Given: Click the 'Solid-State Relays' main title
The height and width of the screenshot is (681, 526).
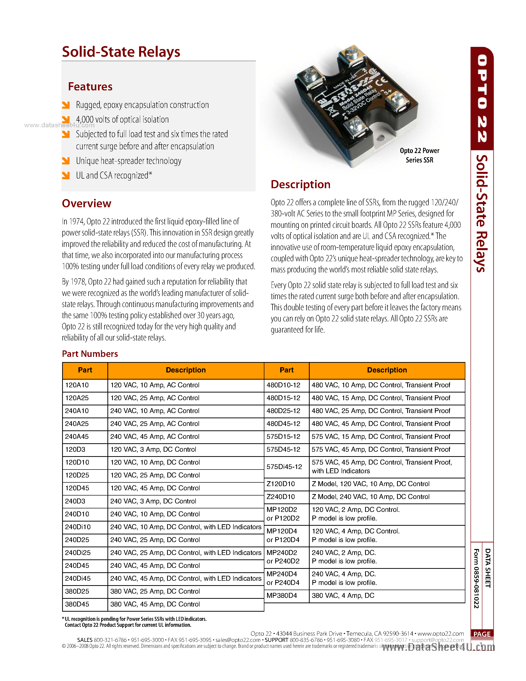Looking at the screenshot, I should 121,52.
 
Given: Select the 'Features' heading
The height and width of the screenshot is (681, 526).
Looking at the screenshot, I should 90,87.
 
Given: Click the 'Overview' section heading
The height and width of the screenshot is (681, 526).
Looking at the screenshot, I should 86,204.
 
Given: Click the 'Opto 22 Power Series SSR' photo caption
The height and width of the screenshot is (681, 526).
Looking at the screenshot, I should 419,155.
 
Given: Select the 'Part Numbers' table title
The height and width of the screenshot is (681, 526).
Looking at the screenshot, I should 90,354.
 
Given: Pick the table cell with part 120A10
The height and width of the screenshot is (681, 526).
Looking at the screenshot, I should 77,385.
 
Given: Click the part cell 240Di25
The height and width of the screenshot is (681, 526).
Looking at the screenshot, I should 78,552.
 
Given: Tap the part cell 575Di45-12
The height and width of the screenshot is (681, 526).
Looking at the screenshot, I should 284,467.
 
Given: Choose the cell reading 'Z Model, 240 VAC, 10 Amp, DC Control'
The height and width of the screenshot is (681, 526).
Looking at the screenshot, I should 371,497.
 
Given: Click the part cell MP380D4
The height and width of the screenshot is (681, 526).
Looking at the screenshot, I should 282,595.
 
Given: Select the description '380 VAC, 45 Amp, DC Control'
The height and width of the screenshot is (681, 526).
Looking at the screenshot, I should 155,604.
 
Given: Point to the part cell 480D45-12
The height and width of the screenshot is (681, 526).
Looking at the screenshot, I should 283,423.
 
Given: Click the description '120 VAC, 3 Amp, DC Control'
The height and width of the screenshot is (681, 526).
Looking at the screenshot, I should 153,449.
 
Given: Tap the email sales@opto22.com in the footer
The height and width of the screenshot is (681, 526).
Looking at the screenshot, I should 238,640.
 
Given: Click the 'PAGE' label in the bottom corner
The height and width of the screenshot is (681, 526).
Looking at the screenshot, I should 482,634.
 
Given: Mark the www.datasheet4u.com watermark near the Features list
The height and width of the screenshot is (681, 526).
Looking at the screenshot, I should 59,125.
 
